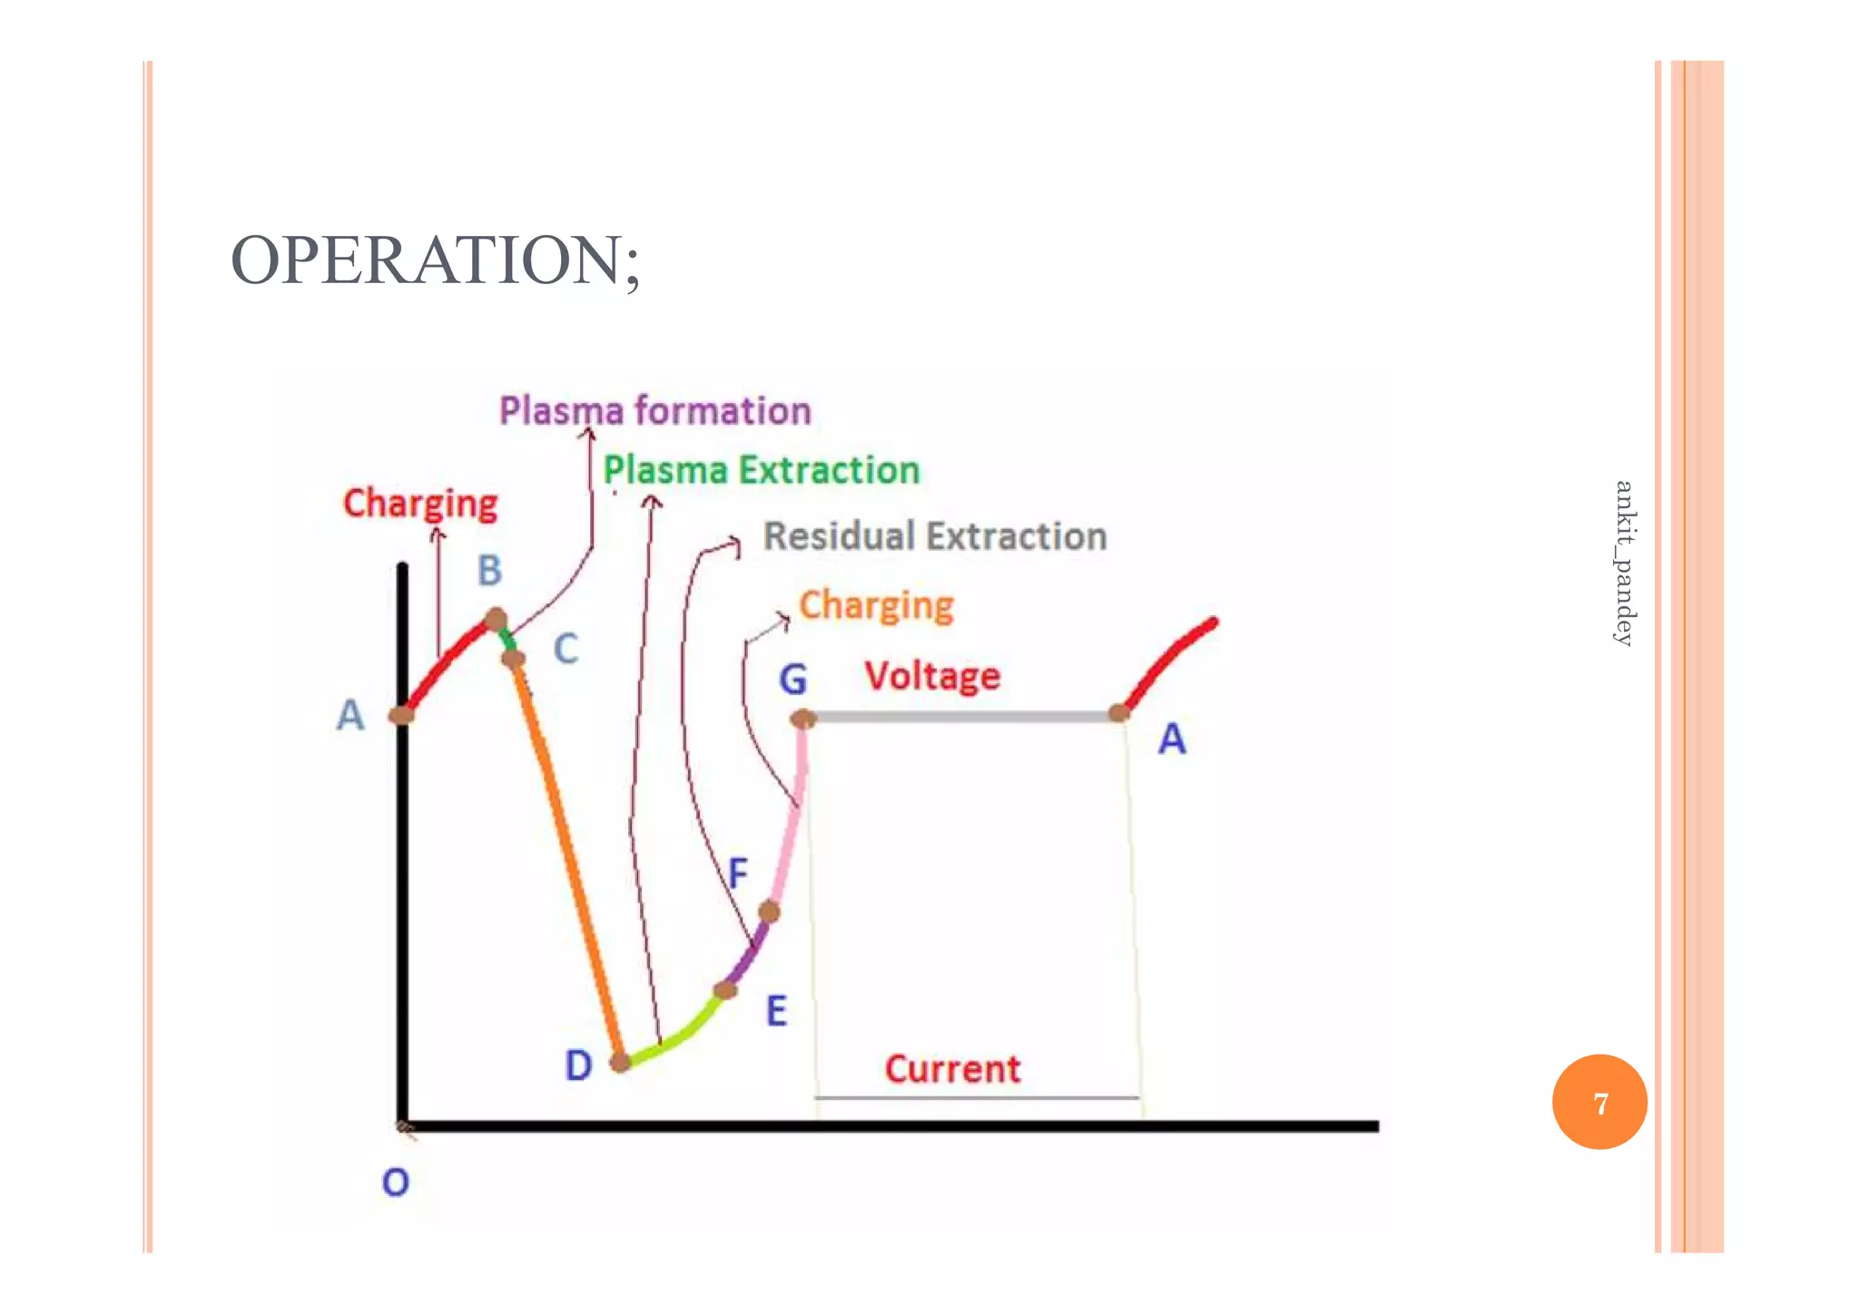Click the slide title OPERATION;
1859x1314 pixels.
(436, 261)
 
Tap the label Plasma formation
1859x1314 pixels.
(654, 411)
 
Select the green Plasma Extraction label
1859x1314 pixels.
(762, 471)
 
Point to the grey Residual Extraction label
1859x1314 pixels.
(935, 536)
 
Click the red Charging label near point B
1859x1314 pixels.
(420, 504)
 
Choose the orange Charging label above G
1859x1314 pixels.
(876, 605)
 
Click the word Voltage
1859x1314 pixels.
(932, 676)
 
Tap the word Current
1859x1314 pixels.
(952, 1069)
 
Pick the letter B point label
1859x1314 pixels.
(490, 571)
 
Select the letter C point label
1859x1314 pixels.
(566, 650)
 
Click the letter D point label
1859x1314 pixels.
(578, 1065)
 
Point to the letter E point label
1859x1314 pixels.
(776, 1011)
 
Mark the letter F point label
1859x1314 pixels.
(738, 873)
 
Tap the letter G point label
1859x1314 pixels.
(792, 680)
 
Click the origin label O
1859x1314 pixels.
(396, 1182)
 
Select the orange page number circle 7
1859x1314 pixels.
(1599, 1102)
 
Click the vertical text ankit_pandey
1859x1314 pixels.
(1624, 563)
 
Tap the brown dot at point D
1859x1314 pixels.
(621, 1061)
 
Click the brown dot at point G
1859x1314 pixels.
(803, 720)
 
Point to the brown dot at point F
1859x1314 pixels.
(769, 911)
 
